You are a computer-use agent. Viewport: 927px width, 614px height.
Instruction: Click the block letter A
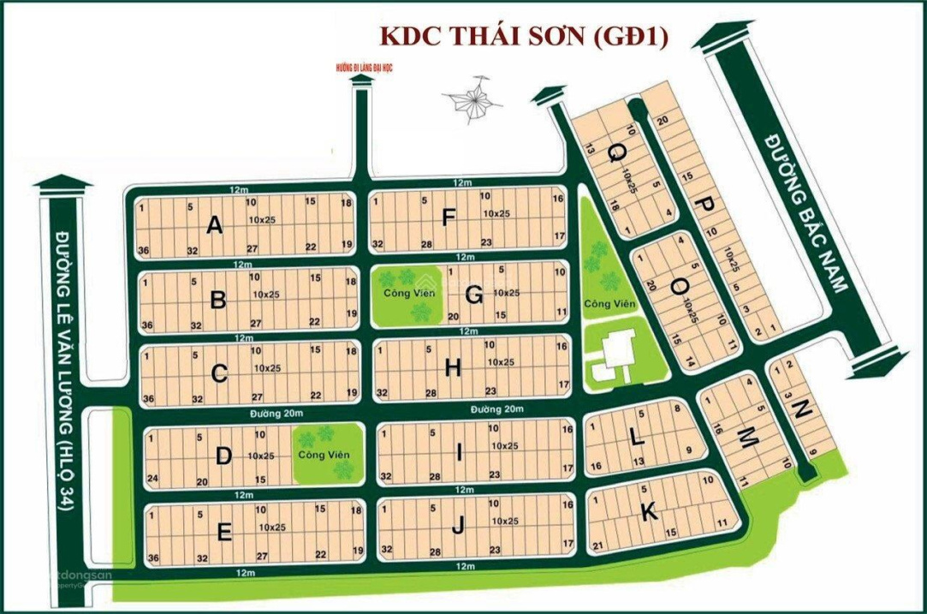(x=215, y=225)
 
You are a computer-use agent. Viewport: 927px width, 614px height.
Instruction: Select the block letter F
(x=449, y=219)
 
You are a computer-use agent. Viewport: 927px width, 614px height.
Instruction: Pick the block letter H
(x=453, y=368)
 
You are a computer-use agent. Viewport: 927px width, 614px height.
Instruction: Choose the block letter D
(x=223, y=456)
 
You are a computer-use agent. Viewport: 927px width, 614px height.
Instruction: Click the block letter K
(x=649, y=512)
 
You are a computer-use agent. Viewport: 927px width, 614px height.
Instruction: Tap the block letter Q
(x=616, y=154)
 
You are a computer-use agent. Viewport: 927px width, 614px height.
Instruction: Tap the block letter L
(x=634, y=437)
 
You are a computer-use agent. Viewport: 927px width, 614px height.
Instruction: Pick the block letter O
(x=677, y=290)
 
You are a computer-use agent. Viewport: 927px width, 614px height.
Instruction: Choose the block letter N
(x=800, y=410)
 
